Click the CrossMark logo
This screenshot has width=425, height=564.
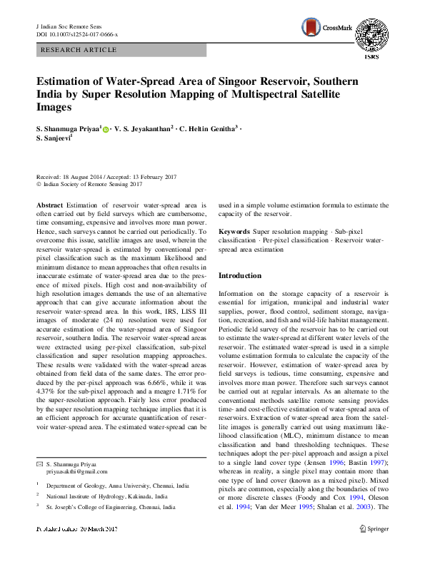tap(322, 28)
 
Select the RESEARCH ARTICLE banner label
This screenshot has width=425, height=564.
tap(79, 50)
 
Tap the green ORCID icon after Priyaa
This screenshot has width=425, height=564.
tap(107, 130)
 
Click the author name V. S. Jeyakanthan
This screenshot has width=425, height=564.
tap(142, 130)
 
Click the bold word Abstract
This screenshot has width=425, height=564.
tap(49, 205)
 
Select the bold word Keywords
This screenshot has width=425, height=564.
tap(234, 232)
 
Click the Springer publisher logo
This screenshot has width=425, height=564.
tap(374, 529)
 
